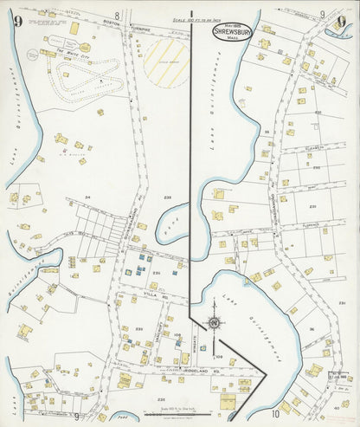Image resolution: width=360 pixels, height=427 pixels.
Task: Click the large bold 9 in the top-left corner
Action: click(16, 21)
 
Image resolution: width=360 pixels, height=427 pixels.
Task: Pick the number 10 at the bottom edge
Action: click(275, 414)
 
